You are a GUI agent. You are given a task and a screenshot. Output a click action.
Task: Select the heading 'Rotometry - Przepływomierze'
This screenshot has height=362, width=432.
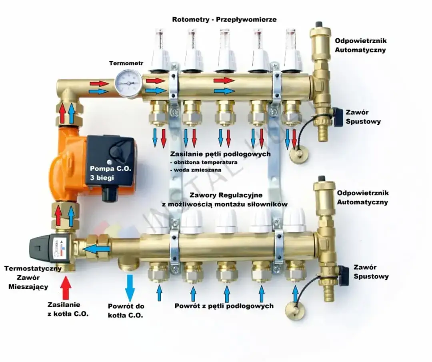224,19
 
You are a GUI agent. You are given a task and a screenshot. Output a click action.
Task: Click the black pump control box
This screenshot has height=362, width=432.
110,160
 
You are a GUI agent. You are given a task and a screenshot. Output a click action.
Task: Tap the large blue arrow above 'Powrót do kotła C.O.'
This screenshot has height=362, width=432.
129,287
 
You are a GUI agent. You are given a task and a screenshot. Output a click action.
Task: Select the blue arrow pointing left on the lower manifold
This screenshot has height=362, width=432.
96,250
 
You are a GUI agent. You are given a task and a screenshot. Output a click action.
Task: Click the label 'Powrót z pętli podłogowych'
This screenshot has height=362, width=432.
224,306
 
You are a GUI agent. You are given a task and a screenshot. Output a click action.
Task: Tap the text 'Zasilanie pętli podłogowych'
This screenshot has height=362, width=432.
220,154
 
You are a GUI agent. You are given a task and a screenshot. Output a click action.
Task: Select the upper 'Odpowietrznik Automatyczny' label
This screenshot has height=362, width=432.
360,45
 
